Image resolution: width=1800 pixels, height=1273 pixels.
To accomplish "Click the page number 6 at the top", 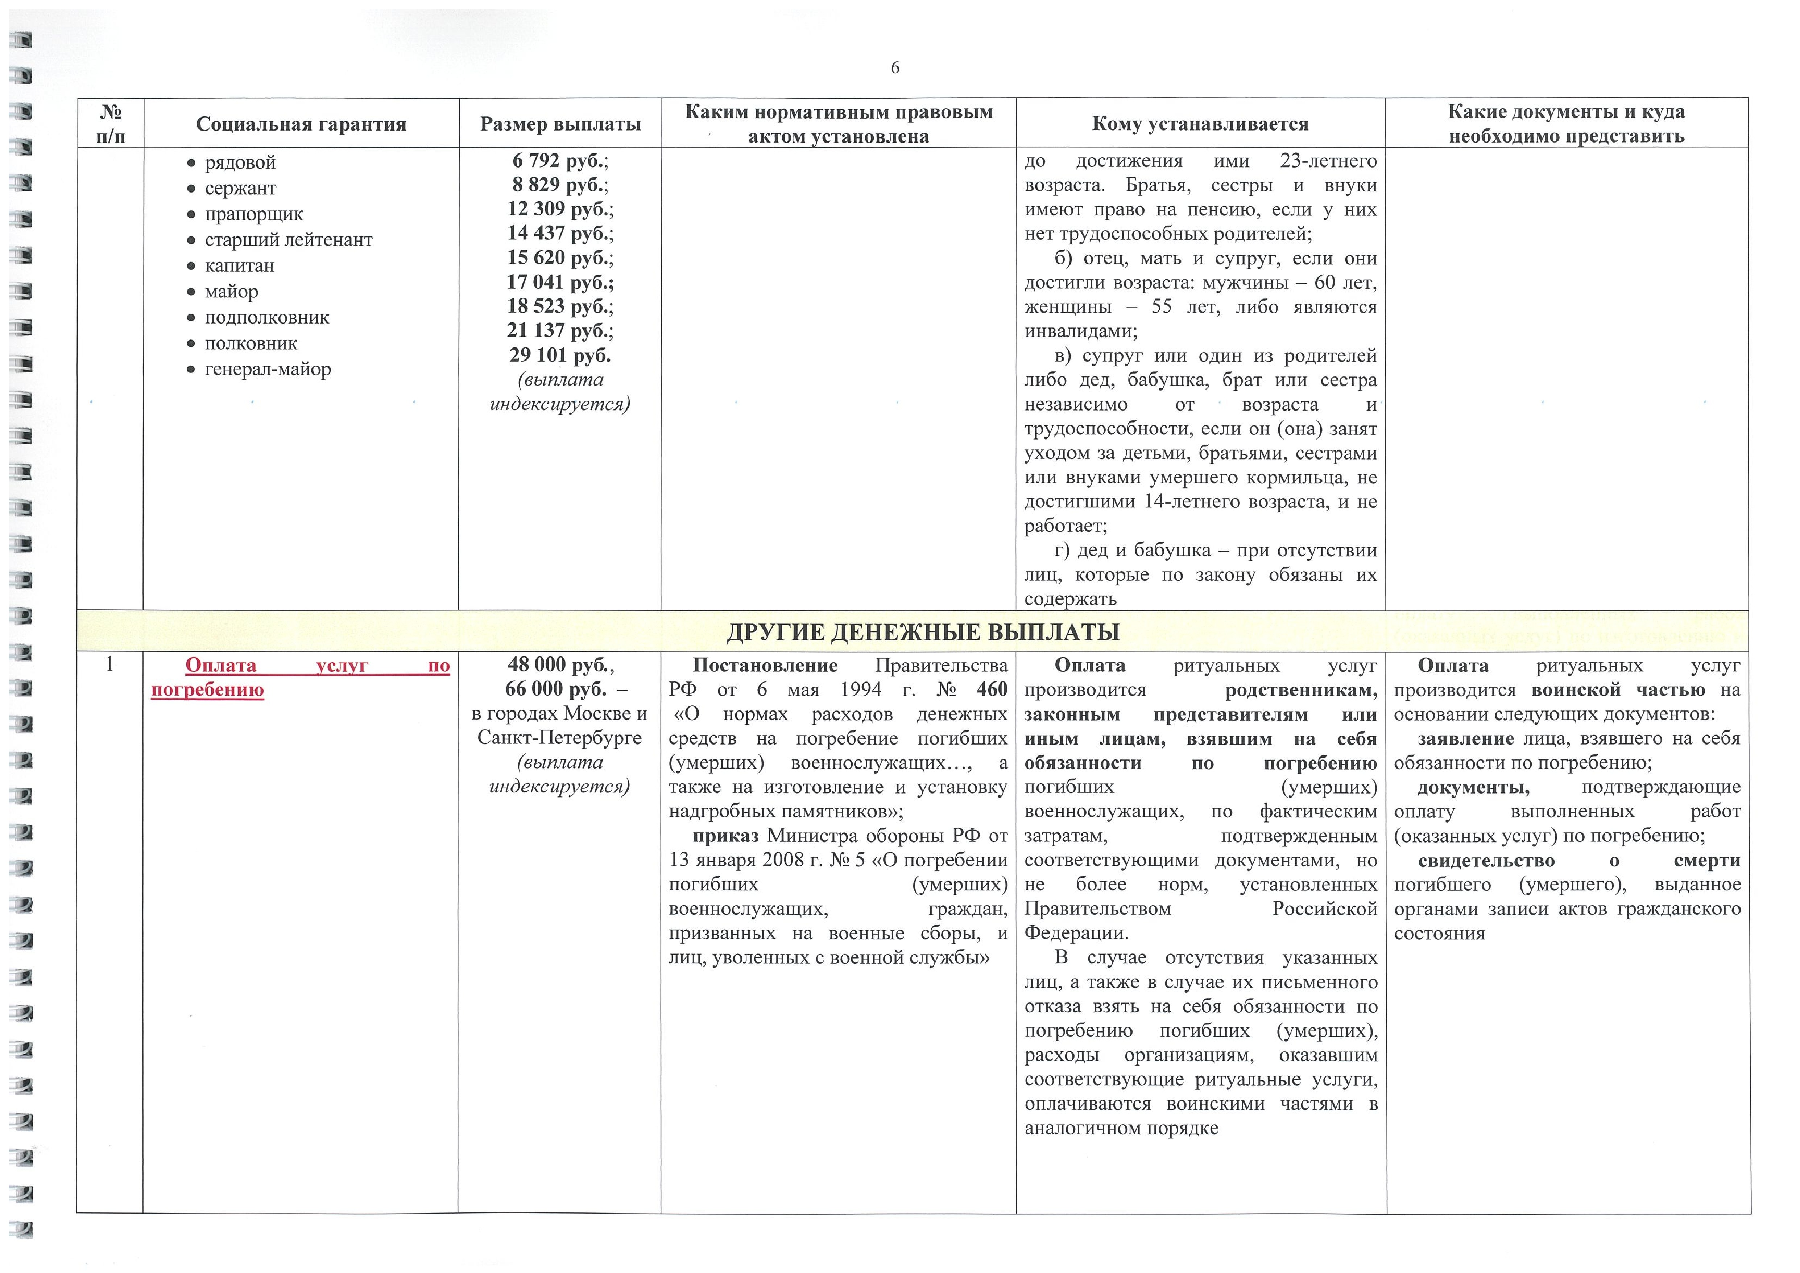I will (x=895, y=68).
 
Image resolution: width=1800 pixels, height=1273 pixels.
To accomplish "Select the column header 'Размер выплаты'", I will (x=560, y=124).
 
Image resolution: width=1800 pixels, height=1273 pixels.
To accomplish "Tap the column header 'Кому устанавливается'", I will (x=1200, y=124).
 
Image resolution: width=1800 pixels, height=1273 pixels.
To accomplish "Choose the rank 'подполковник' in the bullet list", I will (x=266, y=318).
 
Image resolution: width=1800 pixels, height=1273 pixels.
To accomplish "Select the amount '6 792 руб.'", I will (x=560, y=161).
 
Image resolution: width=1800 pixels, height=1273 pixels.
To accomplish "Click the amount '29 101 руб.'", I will (x=560, y=355).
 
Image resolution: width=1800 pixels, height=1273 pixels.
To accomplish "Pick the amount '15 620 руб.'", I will (x=560, y=258).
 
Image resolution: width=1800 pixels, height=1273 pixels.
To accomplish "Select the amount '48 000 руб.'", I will (x=560, y=665).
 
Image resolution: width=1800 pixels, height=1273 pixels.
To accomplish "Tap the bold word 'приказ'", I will (x=725, y=836).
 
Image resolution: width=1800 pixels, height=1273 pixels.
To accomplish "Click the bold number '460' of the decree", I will (x=992, y=689).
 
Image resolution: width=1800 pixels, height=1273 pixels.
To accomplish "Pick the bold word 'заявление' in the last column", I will (x=1465, y=739).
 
